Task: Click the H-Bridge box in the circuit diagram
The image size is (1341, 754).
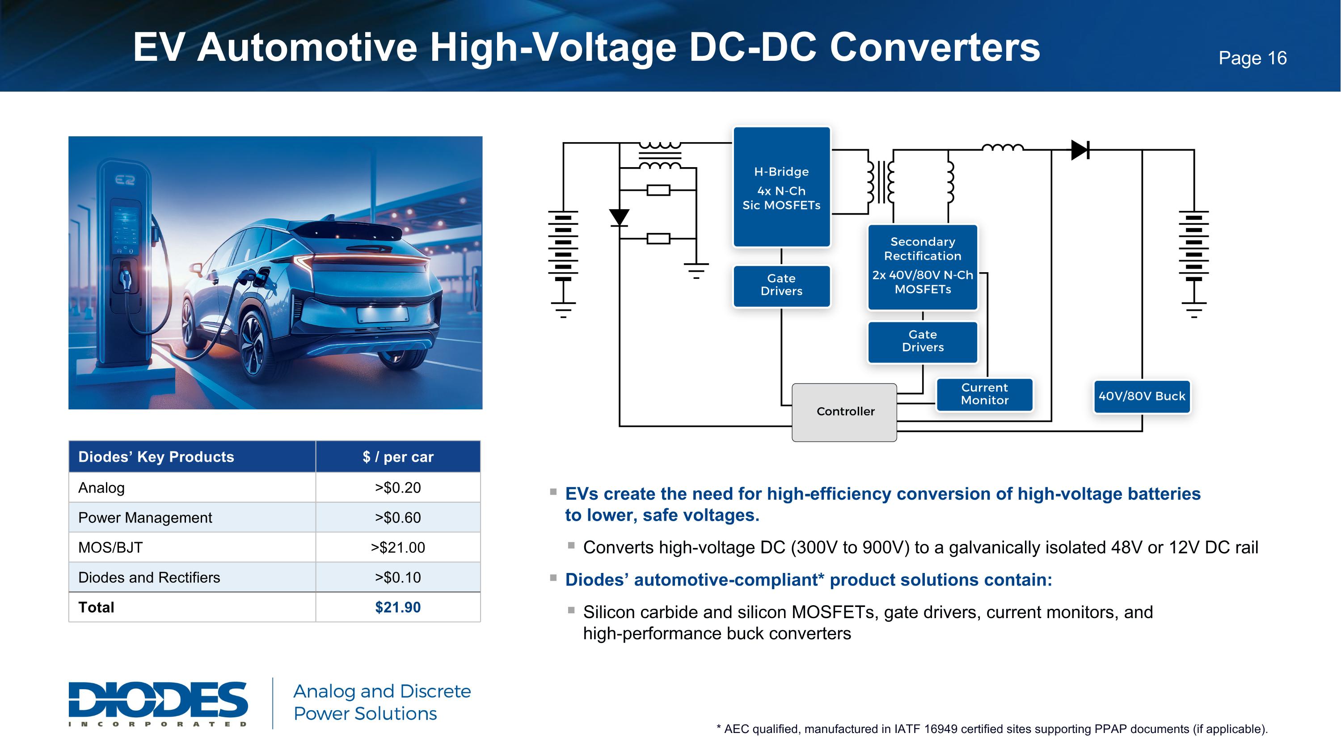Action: click(x=781, y=187)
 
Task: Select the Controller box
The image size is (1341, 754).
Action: click(x=844, y=412)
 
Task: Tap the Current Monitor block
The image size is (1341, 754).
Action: click(x=984, y=395)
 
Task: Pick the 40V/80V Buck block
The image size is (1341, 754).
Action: click(x=1142, y=396)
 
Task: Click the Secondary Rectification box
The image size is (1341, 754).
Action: click(x=923, y=267)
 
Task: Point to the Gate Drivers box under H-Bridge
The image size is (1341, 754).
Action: click(x=781, y=286)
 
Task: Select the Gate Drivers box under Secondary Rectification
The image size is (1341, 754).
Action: click(x=923, y=342)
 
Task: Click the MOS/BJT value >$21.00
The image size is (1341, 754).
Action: click(x=398, y=548)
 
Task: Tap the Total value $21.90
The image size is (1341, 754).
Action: click(x=398, y=607)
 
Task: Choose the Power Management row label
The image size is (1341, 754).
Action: click(x=145, y=518)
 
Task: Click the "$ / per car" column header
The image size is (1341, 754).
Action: click(x=398, y=457)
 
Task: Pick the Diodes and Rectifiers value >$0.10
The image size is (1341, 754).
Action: click(x=398, y=577)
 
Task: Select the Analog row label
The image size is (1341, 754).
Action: click(x=101, y=488)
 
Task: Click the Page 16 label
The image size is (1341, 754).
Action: click(x=1252, y=58)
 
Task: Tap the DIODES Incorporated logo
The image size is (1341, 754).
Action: click(x=158, y=703)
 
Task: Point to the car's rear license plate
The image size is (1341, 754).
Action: click(x=383, y=314)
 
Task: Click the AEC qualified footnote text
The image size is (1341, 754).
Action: click(x=992, y=729)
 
